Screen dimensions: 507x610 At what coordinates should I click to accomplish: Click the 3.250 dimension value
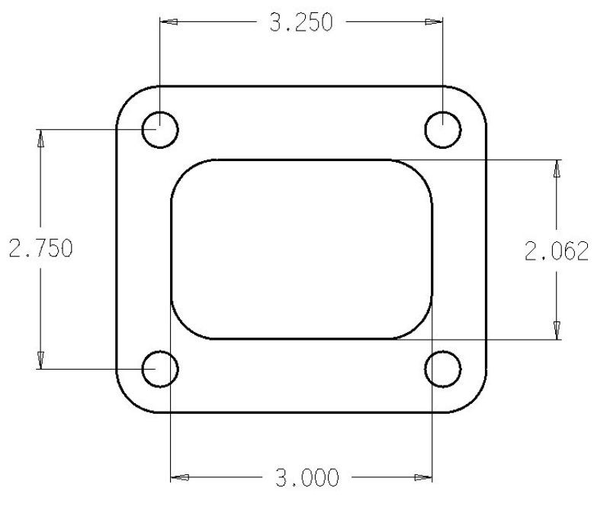[x=301, y=22]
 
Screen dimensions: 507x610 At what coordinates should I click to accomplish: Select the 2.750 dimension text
[x=40, y=250]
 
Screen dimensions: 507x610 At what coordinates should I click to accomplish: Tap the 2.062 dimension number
[x=557, y=250]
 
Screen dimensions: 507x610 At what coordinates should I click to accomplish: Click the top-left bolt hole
[x=160, y=130]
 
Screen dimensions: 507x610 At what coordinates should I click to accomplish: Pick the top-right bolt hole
[x=443, y=130]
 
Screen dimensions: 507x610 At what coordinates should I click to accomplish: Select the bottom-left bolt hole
[x=160, y=370]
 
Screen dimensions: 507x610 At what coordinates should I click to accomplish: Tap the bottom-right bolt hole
[x=443, y=370]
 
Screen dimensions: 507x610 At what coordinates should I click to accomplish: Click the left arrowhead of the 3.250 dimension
[x=168, y=22]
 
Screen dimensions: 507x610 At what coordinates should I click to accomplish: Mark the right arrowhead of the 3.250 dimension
[x=435, y=22]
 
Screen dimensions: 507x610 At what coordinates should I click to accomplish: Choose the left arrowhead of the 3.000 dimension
[x=179, y=479]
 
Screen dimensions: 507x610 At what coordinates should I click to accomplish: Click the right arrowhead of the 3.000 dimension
[x=423, y=479]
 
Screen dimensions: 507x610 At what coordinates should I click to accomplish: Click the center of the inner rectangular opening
[x=302, y=250]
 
